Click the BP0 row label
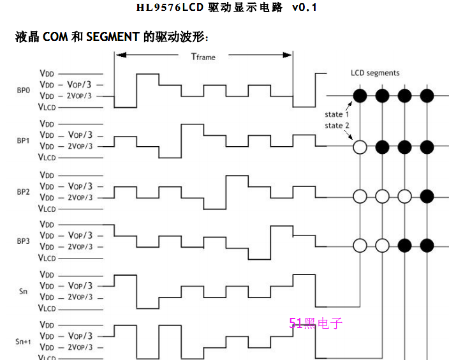point(23,90)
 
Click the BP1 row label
point(23,140)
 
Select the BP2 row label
point(23,191)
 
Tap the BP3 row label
point(23,241)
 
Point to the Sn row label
point(23,291)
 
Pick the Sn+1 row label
point(23,341)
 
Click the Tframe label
point(203,57)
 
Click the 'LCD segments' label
point(375,73)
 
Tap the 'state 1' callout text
point(337,114)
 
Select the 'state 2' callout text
point(337,125)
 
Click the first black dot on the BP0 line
point(360,96)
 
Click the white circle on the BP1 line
point(360,147)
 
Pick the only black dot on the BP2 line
point(427,195)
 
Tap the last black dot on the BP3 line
point(427,244)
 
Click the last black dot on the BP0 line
point(427,96)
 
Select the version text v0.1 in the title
point(304,8)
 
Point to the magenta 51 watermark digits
point(295,324)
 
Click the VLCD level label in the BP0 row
point(47,107)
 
